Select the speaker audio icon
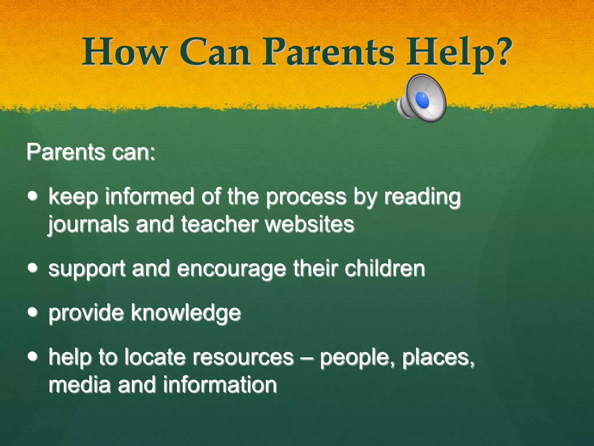[x=421, y=98]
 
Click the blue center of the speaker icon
[x=422, y=99]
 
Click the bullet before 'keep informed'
[x=33, y=196]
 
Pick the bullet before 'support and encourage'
[x=33, y=267]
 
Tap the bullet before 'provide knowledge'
[x=33, y=312]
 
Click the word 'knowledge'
[x=186, y=313]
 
